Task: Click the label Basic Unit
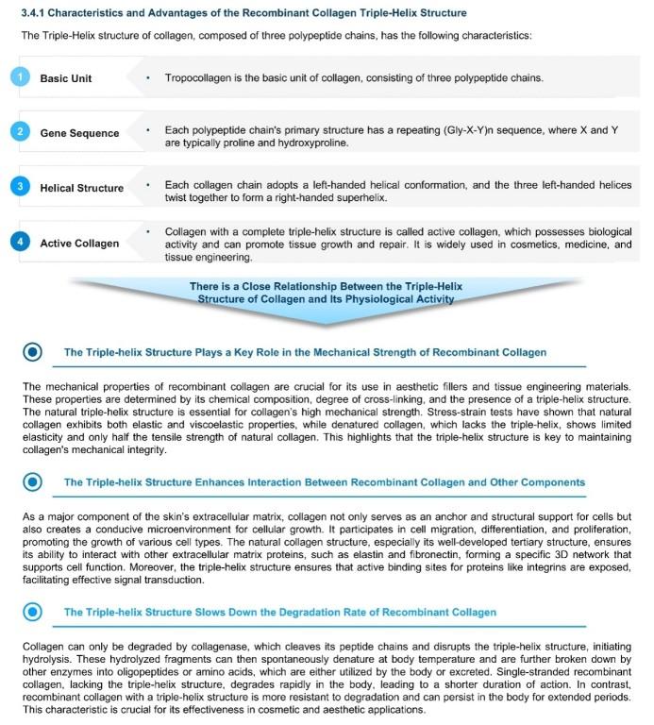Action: coord(65,78)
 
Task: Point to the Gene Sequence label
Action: coord(79,133)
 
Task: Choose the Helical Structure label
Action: coord(81,188)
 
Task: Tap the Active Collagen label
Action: coord(79,244)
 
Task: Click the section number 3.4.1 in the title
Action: coord(37,13)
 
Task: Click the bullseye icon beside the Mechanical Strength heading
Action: coord(33,352)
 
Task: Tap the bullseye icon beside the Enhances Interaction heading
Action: coord(33,481)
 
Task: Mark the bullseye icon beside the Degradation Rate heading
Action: coord(33,612)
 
